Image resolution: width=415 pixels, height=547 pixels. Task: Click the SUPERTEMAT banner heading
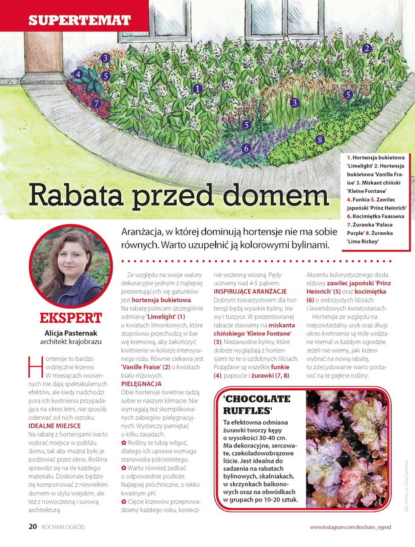79,19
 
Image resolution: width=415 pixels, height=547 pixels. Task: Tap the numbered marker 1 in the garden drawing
197,88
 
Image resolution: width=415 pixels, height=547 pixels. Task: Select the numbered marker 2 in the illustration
367,48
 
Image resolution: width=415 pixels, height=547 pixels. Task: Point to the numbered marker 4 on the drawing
78,74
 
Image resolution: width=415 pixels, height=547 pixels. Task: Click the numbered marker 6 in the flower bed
246,148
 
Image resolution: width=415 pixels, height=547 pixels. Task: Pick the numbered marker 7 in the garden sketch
96,104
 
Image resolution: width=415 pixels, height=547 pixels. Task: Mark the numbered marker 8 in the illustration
320,139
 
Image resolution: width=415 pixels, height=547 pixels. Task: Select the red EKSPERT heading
71,317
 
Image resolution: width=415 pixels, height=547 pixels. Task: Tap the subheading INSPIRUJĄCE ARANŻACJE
250,291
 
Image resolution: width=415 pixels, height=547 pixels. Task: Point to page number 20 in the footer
32,526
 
